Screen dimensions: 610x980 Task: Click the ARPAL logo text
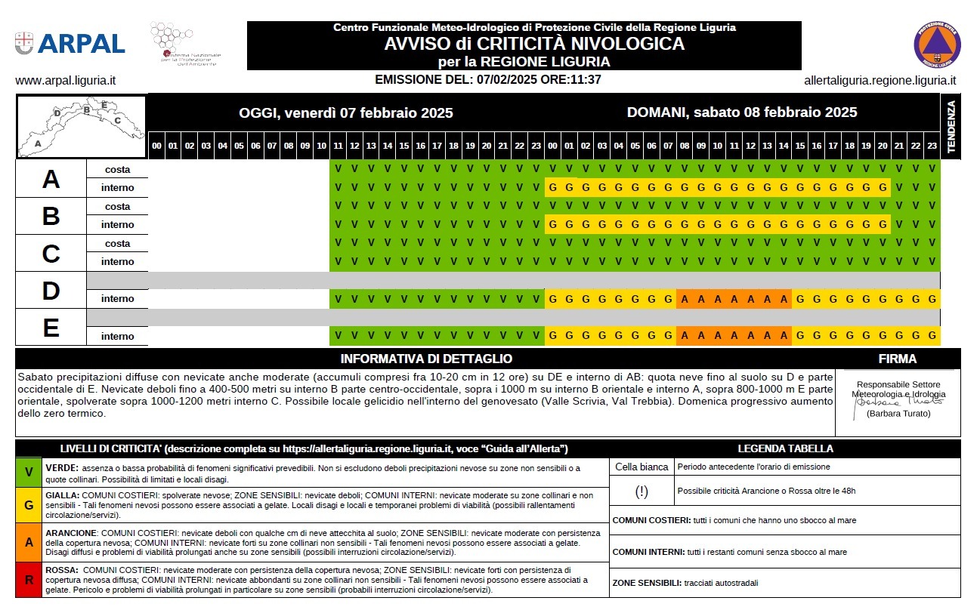[x=80, y=43]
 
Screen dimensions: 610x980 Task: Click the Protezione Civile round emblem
[x=937, y=45]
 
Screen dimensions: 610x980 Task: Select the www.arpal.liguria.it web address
[x=65, y=80]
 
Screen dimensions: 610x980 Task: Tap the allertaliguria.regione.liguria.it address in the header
[x=880, y=80]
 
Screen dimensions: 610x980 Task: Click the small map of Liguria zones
[x=82, y=126]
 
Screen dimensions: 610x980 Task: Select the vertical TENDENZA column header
[x=951, y=126]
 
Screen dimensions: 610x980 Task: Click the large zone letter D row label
[x=51, y=291]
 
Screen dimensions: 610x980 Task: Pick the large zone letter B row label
[x=51, y=217]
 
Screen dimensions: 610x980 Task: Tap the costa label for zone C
[x=117, y=244]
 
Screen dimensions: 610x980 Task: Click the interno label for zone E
[x=117, y=336]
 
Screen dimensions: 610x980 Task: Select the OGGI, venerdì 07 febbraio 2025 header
[x=346, y=113]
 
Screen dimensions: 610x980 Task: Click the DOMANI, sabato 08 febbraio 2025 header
[x=742, y=112]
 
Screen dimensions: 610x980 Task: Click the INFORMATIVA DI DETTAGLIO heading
[x=426, y=359]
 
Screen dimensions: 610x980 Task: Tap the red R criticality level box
[x=29, y=579]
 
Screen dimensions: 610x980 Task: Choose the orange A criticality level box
[x=29, y=541]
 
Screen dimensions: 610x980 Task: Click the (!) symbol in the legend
[x=641, y=491]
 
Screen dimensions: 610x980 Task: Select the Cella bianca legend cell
[x=641, y=467]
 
